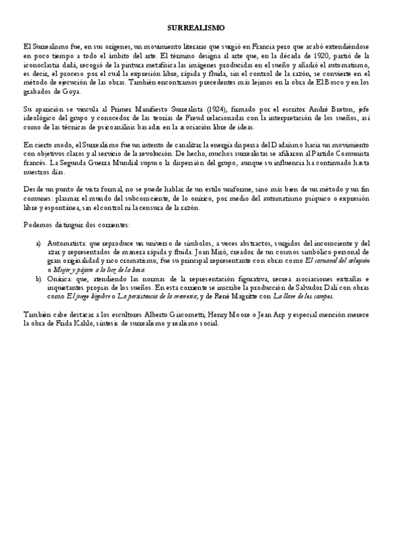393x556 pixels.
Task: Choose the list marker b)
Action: [x=38, y=278]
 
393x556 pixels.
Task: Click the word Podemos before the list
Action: [x=38, y=225]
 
